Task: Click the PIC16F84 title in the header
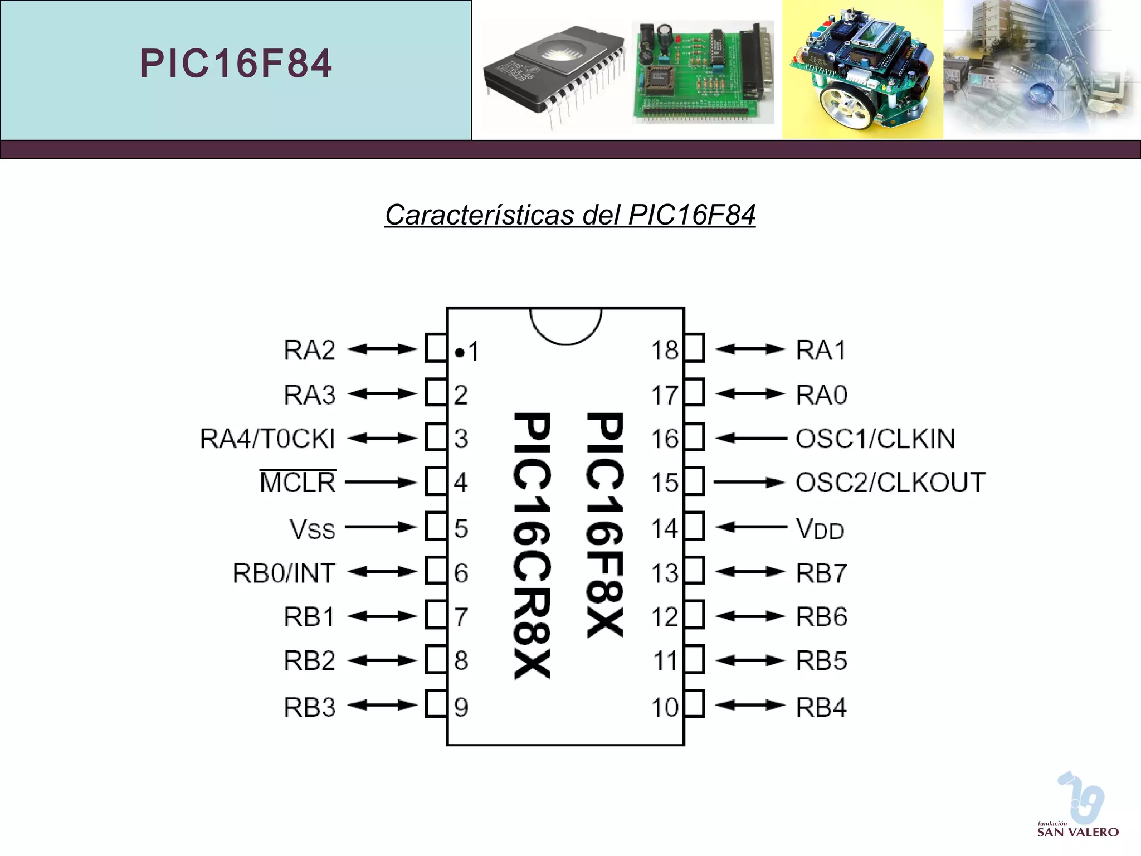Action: [236, 63]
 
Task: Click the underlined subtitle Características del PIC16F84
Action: [570, 215]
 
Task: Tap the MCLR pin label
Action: [298, 483]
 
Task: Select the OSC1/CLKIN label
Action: [875, 439]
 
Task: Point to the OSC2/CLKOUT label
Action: [890, 483]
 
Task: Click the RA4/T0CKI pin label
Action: [268, 439]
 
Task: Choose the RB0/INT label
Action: [284, 573]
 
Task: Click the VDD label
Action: [820, 528]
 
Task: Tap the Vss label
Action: [313, 528]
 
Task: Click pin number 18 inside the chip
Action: [665, 351]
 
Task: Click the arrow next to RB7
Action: [750, 572]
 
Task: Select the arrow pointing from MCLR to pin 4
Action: [381, 483]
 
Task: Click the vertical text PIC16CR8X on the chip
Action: [533, 545]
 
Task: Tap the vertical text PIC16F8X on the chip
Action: [604, 524]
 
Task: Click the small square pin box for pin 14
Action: [695, 527]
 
